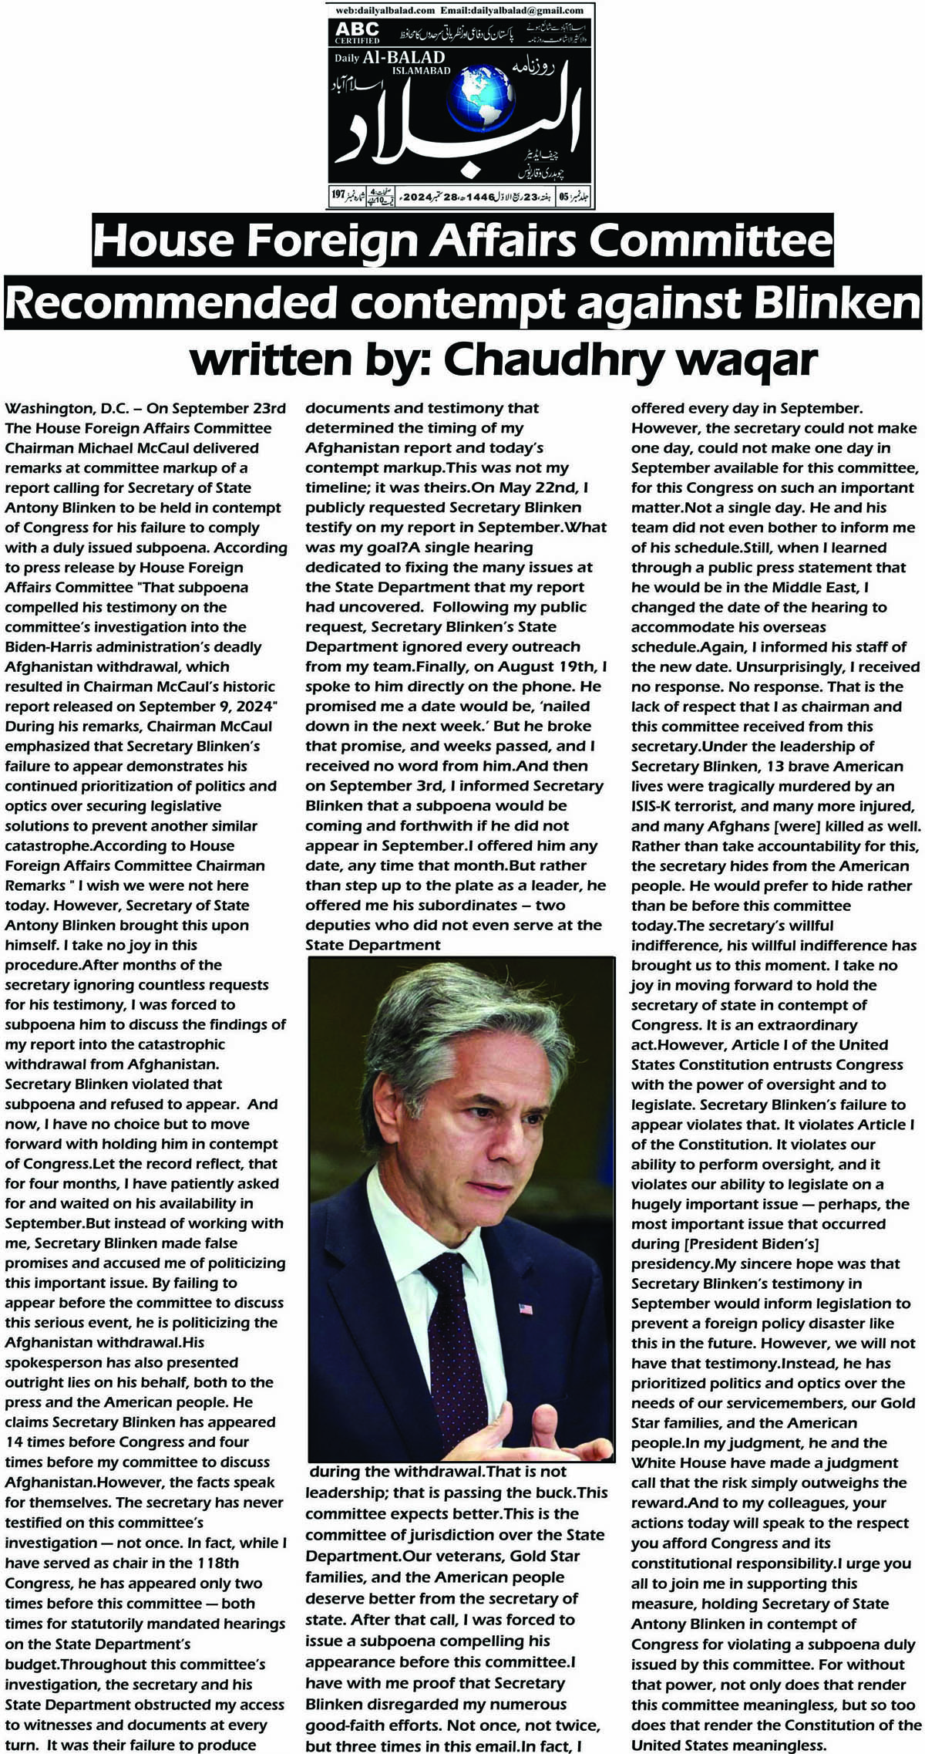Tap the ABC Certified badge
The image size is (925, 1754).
tap(357, 32)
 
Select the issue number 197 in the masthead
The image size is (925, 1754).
tap(338, 194)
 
